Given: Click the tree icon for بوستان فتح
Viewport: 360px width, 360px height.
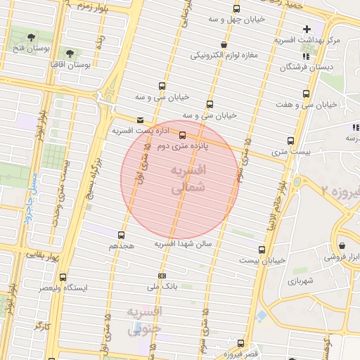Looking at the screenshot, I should pyautogui.click(x=31, y=37).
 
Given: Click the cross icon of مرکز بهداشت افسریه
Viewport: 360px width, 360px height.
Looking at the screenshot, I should pyautogui.click(x=306, y=29).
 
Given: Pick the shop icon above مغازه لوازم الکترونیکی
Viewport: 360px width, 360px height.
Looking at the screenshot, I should pyautogui.click(x=223, y=44).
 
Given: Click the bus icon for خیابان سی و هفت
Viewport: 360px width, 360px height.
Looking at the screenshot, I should pyautogui.click(x=306, y=94).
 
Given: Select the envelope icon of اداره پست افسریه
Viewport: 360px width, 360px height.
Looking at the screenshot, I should pyautogui.click(x=141, y=120).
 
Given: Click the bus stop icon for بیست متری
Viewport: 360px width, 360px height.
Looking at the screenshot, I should pyautogui.click(x=290, y=140).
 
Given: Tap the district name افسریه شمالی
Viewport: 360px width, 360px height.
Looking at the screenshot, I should pyautogui.click(x=186, y=179).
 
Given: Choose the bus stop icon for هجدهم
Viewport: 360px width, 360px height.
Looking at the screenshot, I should pyautogui.click(x=121, y=235).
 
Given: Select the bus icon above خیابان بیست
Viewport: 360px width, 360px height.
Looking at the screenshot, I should pyautogui.click(x=262, y=249).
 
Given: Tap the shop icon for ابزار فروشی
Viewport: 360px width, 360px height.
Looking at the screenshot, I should pyautogui.click(x=342, y=246).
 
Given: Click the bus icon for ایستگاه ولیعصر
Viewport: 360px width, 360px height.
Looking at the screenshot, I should pyautogui.click(x=63, y=277).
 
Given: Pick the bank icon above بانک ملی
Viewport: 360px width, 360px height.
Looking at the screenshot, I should pyautogui.click(x=162, y=276).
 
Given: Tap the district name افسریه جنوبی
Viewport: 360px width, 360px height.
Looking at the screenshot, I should pyautogui.click(x=144, y=320).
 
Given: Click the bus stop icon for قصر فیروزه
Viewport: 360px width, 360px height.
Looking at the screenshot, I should pyautogui.click(x=240, y=343).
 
